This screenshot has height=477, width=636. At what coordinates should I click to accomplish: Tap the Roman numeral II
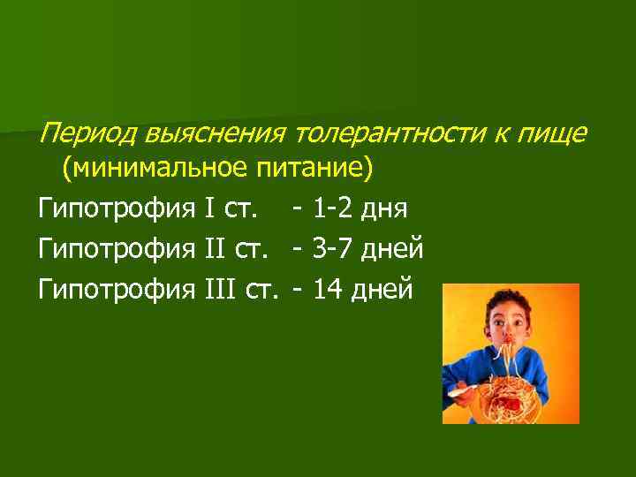[216, 250]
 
